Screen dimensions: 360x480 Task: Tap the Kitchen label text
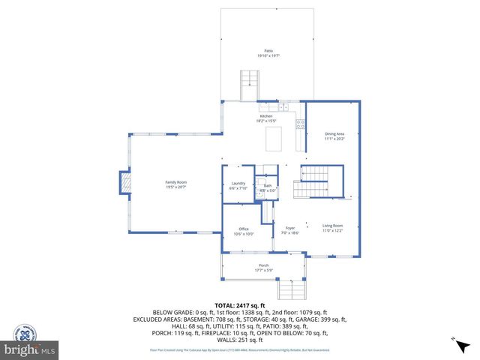[266, 116]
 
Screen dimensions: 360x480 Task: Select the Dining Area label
[334, 133]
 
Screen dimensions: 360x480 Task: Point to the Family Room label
[176, 182]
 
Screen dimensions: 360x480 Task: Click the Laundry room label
[238, 184]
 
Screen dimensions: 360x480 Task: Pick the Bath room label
[268, 185]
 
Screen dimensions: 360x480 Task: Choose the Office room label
[244, 229]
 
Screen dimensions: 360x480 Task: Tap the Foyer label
[289, 226]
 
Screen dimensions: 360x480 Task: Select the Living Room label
[333, 226]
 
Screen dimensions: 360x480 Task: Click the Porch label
[264, 265]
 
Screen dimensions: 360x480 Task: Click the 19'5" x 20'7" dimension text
[176, 187]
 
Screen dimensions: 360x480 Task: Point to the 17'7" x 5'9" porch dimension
[264, 270]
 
